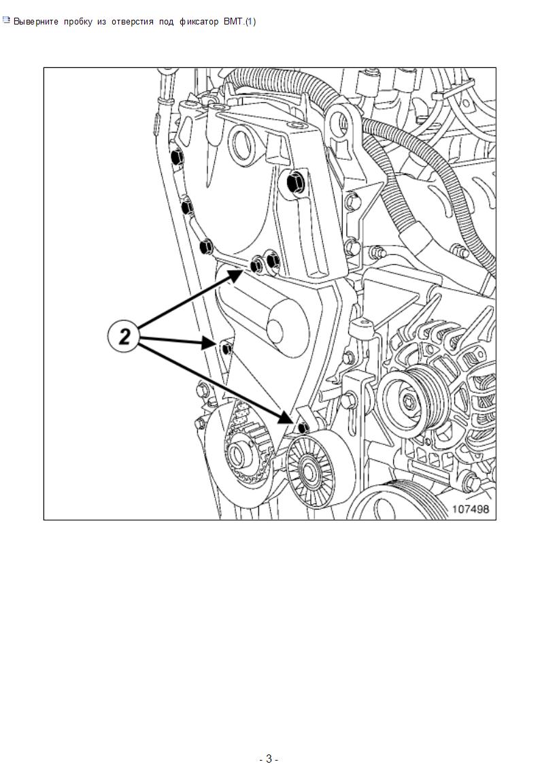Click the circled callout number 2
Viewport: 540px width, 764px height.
click(x=124, y=336)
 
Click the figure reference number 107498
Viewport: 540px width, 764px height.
click(x=471, y=509)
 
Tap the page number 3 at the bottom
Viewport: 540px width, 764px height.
click(x=269, y=758)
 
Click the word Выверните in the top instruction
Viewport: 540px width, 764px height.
click(x=36, y=22)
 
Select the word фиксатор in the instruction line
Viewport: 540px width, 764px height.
click(x=199, y=22)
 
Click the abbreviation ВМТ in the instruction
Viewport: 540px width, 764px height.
click(x=233, y=22)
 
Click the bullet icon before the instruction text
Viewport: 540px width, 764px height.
click(x=6, y=20)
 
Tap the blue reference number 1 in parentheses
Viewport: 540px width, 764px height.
click(x=250, y=22)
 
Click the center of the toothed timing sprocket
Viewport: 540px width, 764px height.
click(x=237, y=455)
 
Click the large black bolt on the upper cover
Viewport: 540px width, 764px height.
click(x=295, y=183)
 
